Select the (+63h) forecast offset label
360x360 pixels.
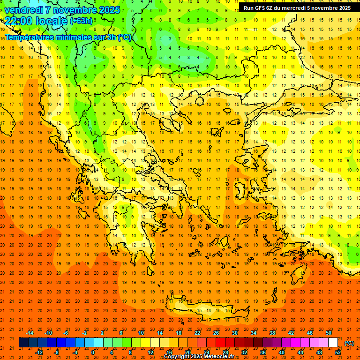click(x=81, y=21)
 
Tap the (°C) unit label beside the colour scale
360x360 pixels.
click(x=349, y=343)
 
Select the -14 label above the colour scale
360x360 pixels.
click(x=30, y=333)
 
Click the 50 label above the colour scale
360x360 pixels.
click(x=328, y=333)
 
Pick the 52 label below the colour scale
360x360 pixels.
click(x=338, y=352)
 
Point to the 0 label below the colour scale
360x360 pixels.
click(x=93, y=352)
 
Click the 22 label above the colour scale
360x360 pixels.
click(x=197, y=333)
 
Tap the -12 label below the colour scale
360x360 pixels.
click(x=39, y=352)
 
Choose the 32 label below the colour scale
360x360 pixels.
click(x=244, y=352)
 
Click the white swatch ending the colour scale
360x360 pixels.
click(x=333, y=343)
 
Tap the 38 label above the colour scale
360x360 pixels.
click(x=272, y=333)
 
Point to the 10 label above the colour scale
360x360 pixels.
click(x=141, y=333)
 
